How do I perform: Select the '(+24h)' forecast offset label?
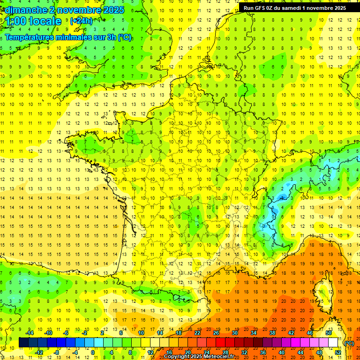[x=81, y=21]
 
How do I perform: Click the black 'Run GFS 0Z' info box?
[x=294, y=7]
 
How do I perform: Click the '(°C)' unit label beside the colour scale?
[x=349, y=343]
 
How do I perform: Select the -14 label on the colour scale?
[x=30, y=333]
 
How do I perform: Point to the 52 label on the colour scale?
[x=338, y=352]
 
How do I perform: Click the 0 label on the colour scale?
[x=93, y=352]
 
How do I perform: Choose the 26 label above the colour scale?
[x=216, y=333]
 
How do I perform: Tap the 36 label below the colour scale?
[x=262, y=352]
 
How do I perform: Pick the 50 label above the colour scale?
[x=328, y=333]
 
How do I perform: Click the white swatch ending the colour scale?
[x=333, y=343]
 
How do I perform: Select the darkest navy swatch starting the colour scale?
[x=23, y=343]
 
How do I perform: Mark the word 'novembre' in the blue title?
[x=74, y=9]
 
